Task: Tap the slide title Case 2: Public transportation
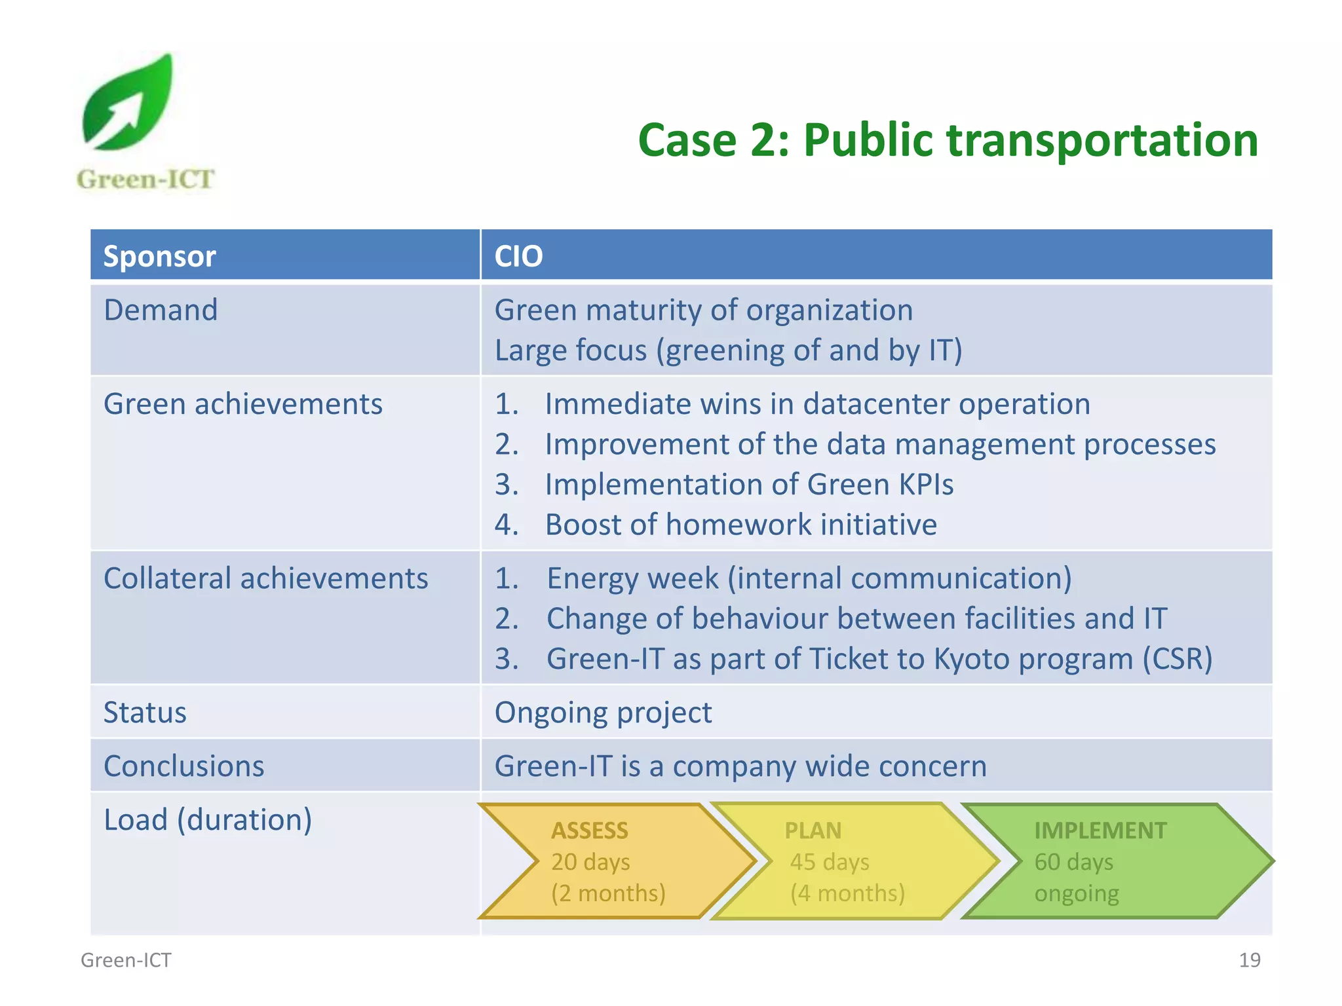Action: pyautogui.click(x=948, y=140)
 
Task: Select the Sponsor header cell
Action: pyautogui.click(x=160, y=256)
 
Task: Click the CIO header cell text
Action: pyautogui.click(x=518, y=256)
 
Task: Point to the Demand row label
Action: pyautogui.click(x=161, y=310)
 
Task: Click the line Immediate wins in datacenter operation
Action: pyautogui.click(x=817, y=404)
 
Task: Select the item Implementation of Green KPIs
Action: pyautogui.click(x=749, y=485)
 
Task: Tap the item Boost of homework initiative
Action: pyautogui.click(x=740, y=525)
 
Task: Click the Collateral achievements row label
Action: pyautogui.click(x=265, y=578)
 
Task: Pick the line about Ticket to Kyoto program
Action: pyautogui.click(x=879, y=659)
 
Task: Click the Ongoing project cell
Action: pyautogui.click(x=603, y=713)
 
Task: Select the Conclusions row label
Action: pyautogui.click(x=183, y=766)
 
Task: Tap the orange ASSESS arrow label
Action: pyautogui.click(x=589, y=830)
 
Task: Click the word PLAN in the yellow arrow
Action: pyautogui.click(x=813, y=830)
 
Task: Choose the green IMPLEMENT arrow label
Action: pyautogui.click(x=1100, y=830)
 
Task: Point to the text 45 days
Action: pyautogui.click(x=829, y=862)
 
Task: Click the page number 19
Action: pyautogui.click(x=1249, y=960)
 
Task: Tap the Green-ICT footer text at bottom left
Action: pyautogui.click(x=126, y=960)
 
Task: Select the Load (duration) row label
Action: pyautogui.click(x=208, y=820)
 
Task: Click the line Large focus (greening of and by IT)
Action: pyautogui.click(x=728, y=350)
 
